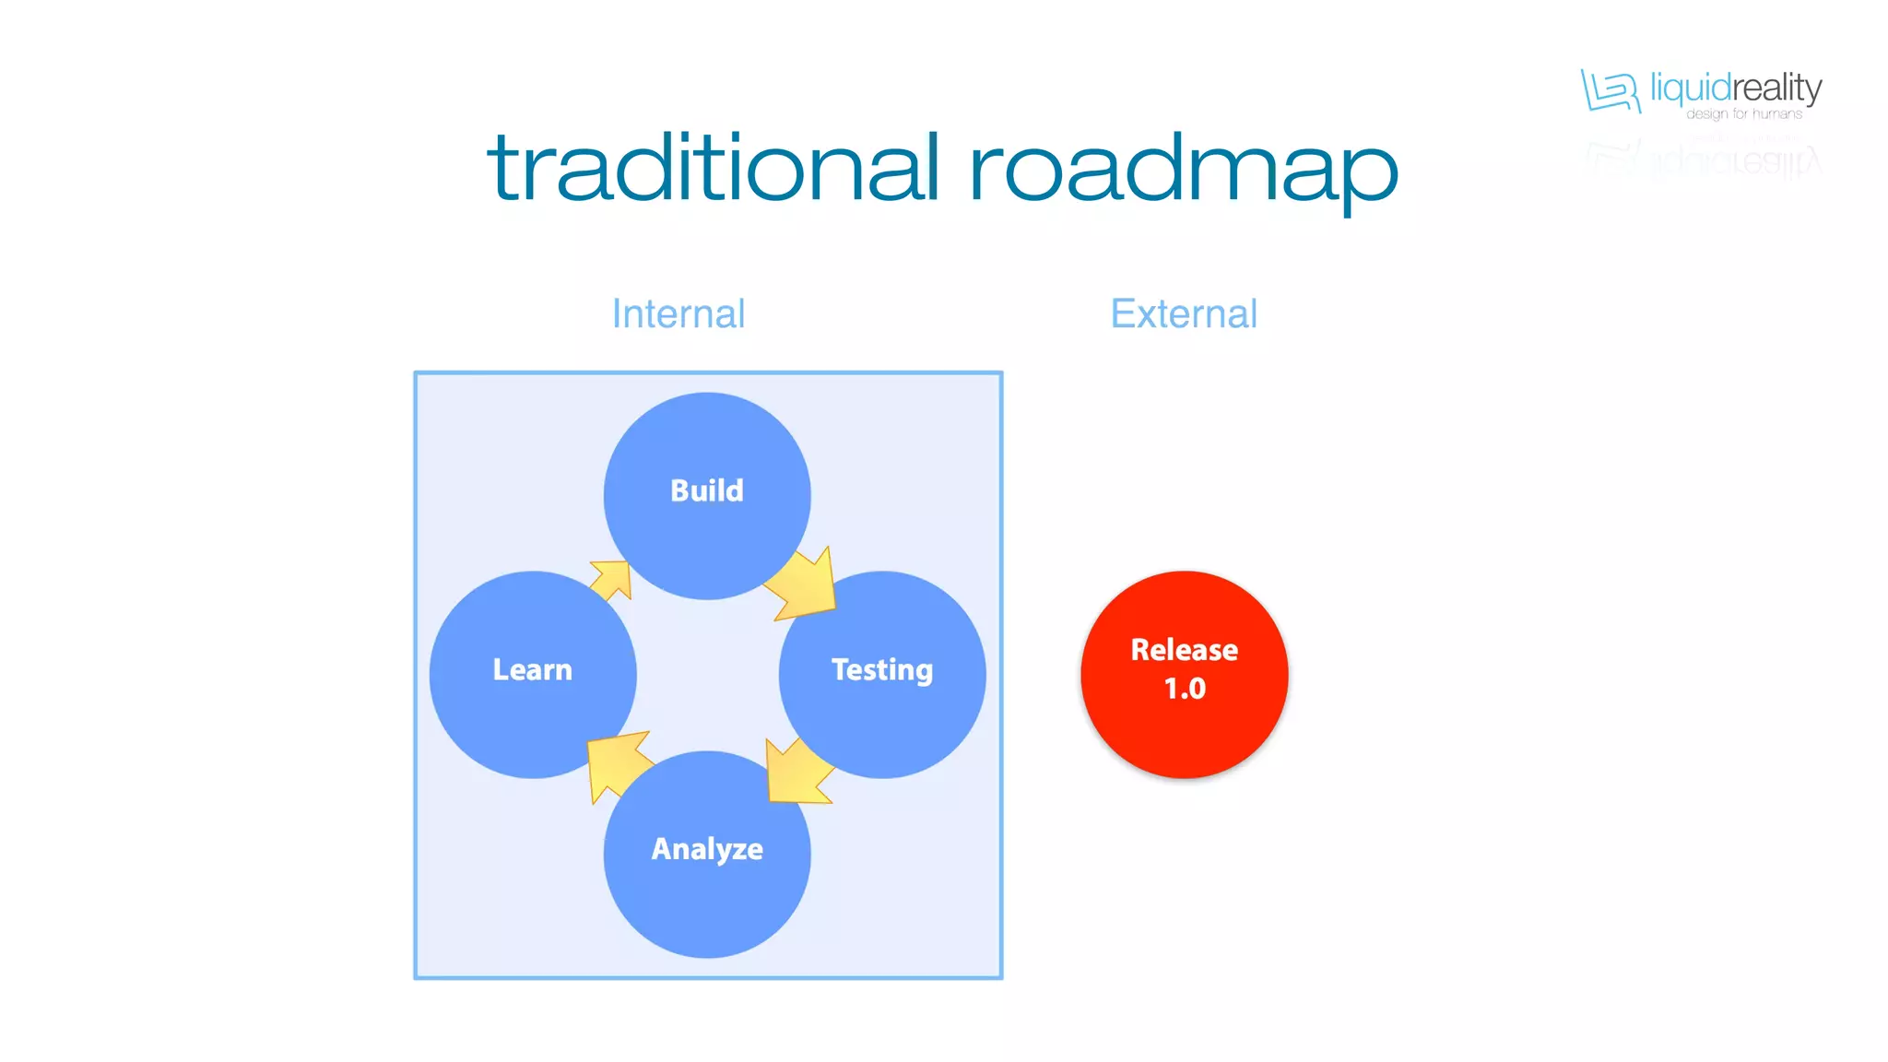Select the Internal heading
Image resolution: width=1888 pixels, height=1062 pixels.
point(678,314)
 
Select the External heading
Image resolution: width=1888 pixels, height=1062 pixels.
point(1184,314)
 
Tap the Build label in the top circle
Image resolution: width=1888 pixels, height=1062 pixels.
point(707,490)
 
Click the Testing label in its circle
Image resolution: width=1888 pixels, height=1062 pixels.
point(882,670)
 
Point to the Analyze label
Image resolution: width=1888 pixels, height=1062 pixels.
point(707,849)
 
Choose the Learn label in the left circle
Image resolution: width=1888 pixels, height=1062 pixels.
point(532,670)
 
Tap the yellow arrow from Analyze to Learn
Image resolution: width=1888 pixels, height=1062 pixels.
point(616,764)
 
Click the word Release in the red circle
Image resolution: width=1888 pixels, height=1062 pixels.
point(1185,650)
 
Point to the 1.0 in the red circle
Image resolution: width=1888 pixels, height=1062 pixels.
point(1185,689)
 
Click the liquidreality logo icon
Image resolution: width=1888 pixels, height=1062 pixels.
point(1610,90)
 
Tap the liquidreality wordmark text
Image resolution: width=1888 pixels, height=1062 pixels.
point(1736,88)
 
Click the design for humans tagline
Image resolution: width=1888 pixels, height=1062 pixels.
point(1744,114)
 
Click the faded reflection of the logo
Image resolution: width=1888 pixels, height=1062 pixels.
point(1705,159)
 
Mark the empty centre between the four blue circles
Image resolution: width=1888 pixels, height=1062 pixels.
point(707,673)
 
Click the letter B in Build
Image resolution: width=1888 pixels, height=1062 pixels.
point(679,490)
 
